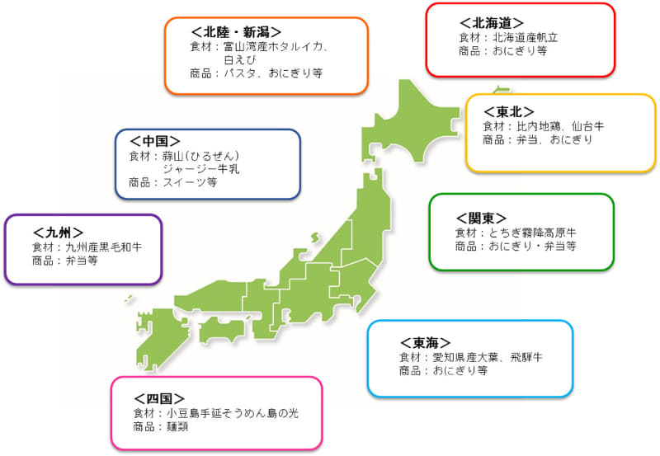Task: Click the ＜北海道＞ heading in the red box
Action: [491, 22]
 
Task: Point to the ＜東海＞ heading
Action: [426, 341]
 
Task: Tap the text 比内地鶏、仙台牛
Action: [560, 126]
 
